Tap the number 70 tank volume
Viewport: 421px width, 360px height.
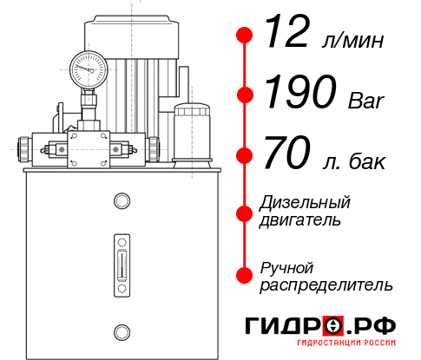(x=286, y=157)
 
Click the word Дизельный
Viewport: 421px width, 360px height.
(x=305, y=203)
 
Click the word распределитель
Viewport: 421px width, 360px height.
(x=326, y=285)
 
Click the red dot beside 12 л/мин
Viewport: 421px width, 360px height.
(x=245, y=35)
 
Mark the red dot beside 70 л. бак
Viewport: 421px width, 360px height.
(x=245, y=156)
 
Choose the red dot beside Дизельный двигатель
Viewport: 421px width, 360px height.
(x=245, y=212)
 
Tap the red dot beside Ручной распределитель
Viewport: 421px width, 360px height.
(x=245, y=275)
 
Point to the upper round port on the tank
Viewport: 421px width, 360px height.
(x=121, y=202)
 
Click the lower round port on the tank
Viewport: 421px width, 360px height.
(x=121, y=331)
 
